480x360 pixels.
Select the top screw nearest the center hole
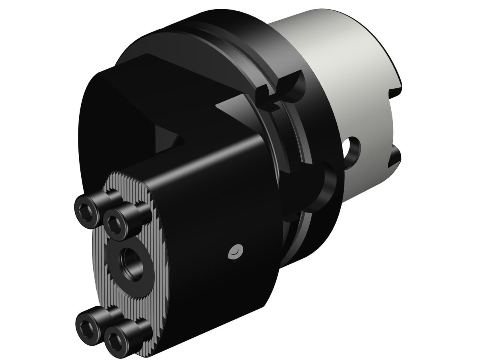click(x=116, y=220)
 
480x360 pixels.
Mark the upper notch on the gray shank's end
click(x=394, y=76)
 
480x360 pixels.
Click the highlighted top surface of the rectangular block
click(x=200, y=160)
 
